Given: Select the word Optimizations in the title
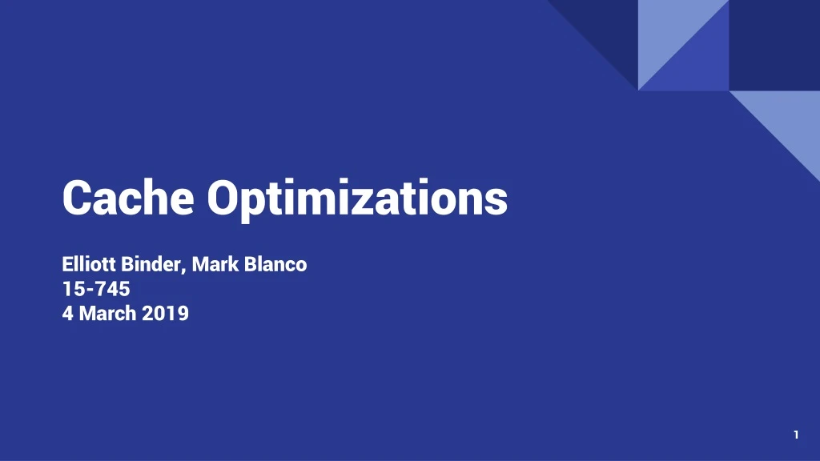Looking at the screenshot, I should pyautogui.click(x=357, y=198).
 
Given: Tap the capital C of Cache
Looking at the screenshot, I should pyautogui.click(x=77, y=197).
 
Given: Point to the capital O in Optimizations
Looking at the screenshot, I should pyautogui.click(x=223, y=197).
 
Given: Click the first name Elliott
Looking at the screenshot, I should pyautogui.click(x=90, y=264).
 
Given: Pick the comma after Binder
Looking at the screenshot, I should pyautogui.click(x=186, y=269).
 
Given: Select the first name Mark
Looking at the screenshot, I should pyautogui.click(x=211, y=264).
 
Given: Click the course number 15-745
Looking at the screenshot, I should pyautogui.click(x=96, y=289).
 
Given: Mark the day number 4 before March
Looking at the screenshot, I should pyautogui.click(x=68, y=314).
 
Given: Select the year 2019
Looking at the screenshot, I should pyautogui.click(x=166, y=314).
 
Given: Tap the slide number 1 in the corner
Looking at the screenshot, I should pyautogui.click(x=796, y=435).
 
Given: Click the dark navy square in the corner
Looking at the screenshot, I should pyautogui.click(x=774, y=45).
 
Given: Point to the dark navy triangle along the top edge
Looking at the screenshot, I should pyautogui.click(x=609, y=24).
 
